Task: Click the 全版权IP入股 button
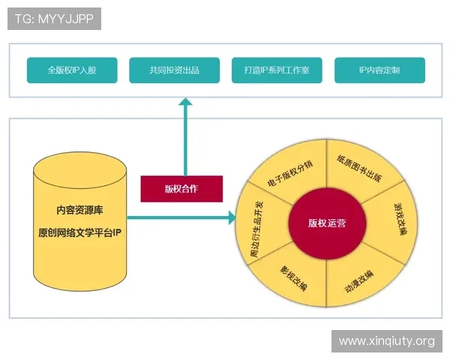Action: coord(72,70)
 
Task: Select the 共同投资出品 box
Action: coord(174,70)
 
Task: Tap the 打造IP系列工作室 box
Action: coord(277,70)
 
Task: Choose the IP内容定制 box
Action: coord(379,70)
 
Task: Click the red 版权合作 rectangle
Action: coord(181,189)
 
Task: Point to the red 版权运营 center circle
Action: coord(327,223)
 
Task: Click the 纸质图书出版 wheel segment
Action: coord(359,169)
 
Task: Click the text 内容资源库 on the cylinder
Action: coord(79,209)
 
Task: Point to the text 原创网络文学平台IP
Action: coord(79,233)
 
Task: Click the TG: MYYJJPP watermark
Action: coord(53,19)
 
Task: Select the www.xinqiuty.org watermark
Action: coord(386,341)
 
